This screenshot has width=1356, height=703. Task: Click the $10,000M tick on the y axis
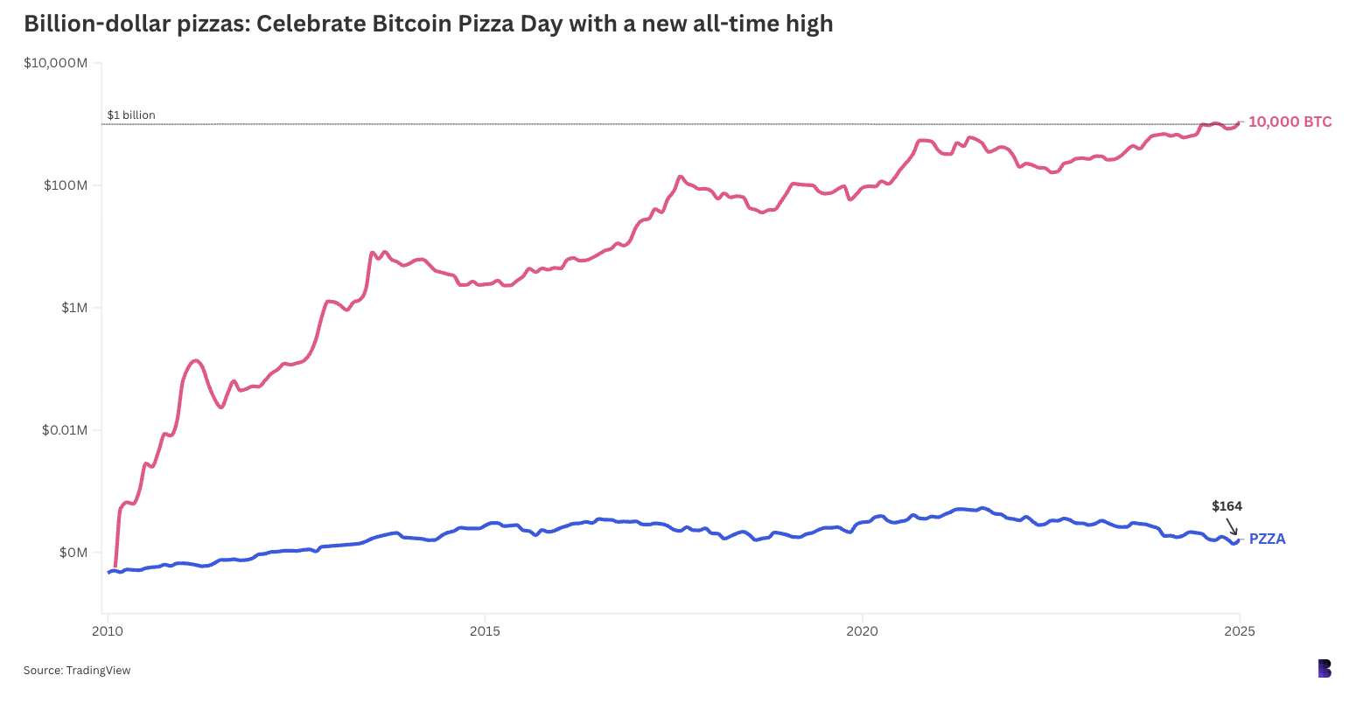(x=56, y=63)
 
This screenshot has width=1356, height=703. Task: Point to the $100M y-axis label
(x=63, y=185)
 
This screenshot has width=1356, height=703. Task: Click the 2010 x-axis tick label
(x=108, y=630)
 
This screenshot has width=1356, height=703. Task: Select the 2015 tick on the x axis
(x=485, y=630)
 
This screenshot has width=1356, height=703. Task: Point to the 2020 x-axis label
(x=863, y=630)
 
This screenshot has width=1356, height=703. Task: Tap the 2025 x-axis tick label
(x=1239, y=630)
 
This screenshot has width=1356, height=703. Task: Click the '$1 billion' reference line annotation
(x=131, y=115)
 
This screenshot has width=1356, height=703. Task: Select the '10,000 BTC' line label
(x=1290, y=122)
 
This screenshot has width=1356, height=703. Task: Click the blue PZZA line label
(x=1267, y=539)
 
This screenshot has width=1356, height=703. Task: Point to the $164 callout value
(x=1227, y=506)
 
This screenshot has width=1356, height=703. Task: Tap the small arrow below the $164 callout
(x=1232, y=526)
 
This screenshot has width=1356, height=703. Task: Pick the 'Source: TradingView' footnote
(x=77, y=671)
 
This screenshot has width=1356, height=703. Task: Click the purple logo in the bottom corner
(x=1325, y=669)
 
